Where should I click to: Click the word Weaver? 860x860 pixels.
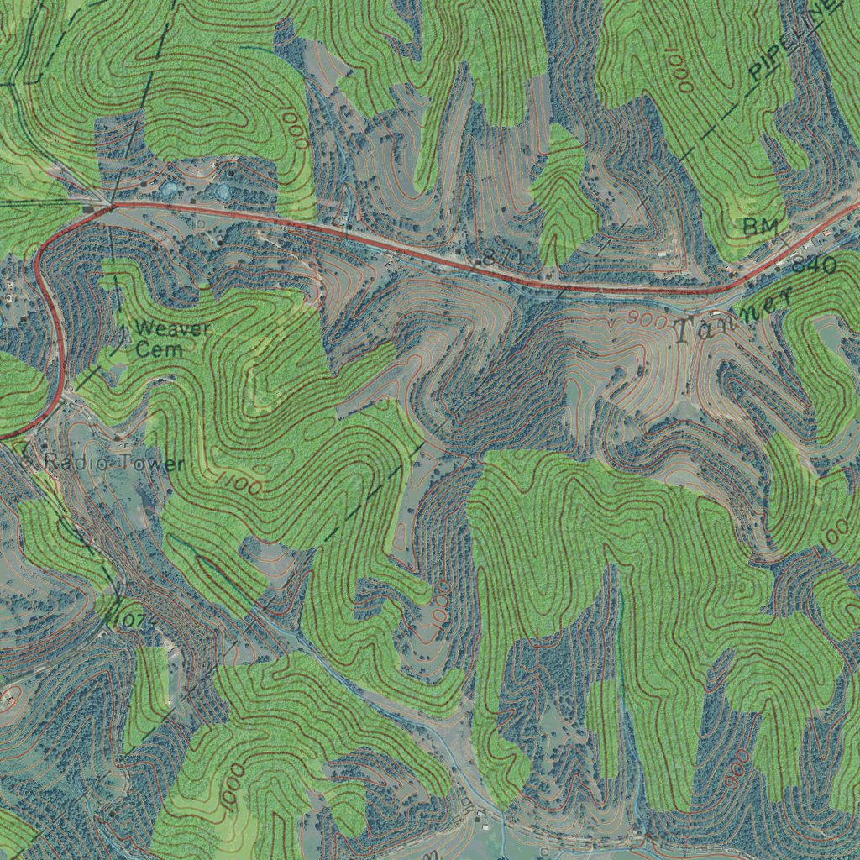pyautogui.click(x=172, y=329)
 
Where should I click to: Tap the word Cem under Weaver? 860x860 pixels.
pyautogui.click(x=159, y=349)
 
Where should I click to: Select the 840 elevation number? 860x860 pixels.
pyautogui.click(x=813, y=265)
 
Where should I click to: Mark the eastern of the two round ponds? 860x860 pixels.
pyautogui.click(x=223, y=191)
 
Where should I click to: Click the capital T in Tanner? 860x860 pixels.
pyautogui.click(x=684, y=332)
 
